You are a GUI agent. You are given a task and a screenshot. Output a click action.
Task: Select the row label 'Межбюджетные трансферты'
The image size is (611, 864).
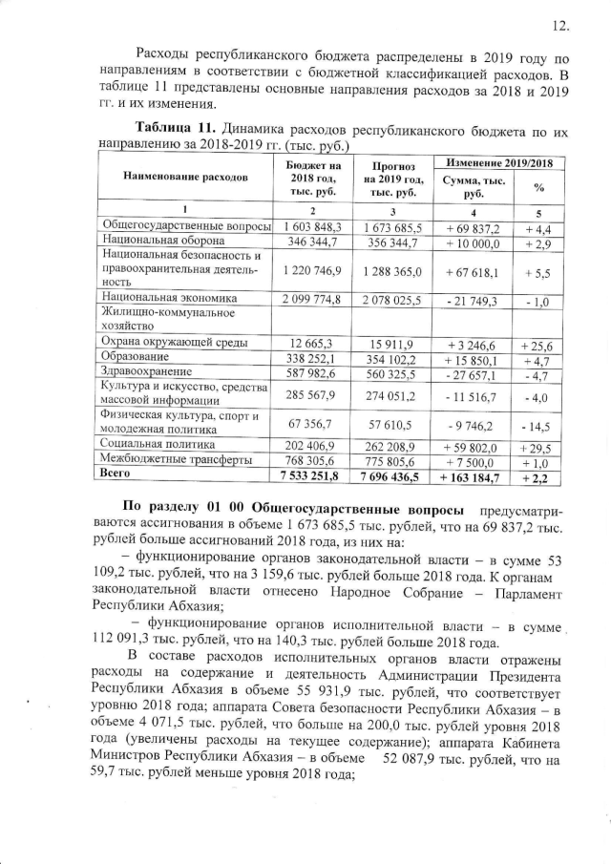171,459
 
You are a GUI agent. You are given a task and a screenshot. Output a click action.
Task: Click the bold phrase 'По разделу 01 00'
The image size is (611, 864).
183,510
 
